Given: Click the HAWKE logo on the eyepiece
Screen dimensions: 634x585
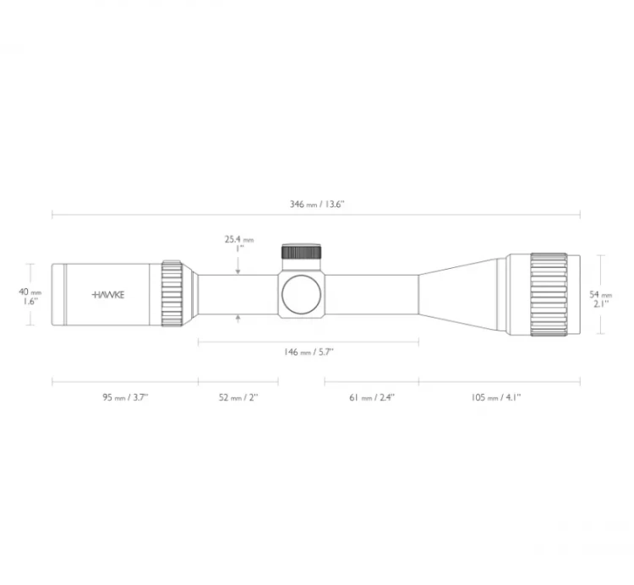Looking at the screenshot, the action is (x=108, y=295).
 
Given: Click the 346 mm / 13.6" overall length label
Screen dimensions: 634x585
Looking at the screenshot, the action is (x=317, y=204).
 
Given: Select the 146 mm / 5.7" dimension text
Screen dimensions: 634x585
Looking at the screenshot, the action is (x=309, y=352).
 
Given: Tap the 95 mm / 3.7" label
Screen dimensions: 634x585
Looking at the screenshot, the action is (x=125, y=397).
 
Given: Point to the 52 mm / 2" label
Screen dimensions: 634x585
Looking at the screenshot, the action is (x=238, y=397).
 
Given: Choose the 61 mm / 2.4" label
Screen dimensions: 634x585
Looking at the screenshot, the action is (x=372, y=397).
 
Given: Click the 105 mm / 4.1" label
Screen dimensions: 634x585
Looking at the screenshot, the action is (x=495, y=397).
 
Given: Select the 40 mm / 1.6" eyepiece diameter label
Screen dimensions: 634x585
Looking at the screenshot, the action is (x=30, y=297).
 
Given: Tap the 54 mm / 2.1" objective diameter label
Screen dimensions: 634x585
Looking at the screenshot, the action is (x=600, y=299).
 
